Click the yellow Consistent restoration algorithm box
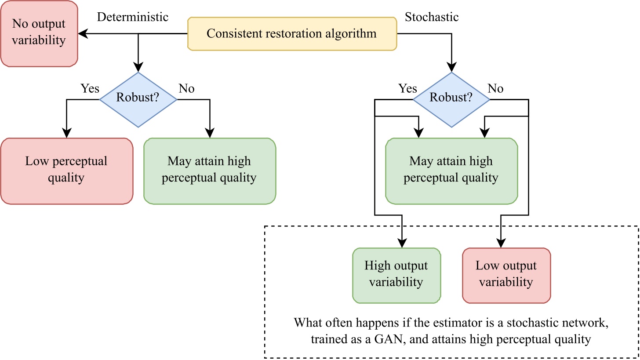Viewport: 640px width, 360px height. click(292, 34)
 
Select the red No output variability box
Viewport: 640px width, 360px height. click(39, 33)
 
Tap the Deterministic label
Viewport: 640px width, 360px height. click(132, 17)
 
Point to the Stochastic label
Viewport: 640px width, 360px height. click(431, 17)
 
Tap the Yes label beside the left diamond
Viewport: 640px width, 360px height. click(90, 88)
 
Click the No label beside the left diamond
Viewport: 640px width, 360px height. click(186, 88)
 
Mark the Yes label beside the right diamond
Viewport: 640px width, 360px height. click(407, 88)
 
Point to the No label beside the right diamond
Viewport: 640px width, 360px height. click(495, 88)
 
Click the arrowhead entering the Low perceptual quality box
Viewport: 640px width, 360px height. click(66, 134)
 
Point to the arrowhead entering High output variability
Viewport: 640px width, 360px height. click(402, 243)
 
